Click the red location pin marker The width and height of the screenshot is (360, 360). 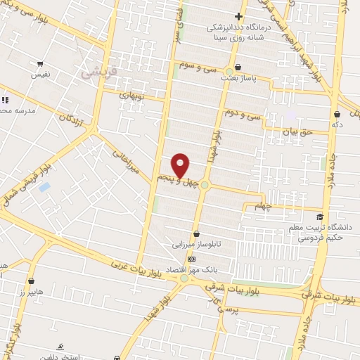(x=181, y=165)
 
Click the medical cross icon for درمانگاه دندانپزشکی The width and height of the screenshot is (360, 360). (x=239, y=16)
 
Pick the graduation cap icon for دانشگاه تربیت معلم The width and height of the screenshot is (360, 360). (x=321, y=217)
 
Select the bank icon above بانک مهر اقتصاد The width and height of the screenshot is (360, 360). (x=192, y=259)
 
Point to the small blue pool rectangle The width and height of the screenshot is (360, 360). (x=44, y=187)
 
